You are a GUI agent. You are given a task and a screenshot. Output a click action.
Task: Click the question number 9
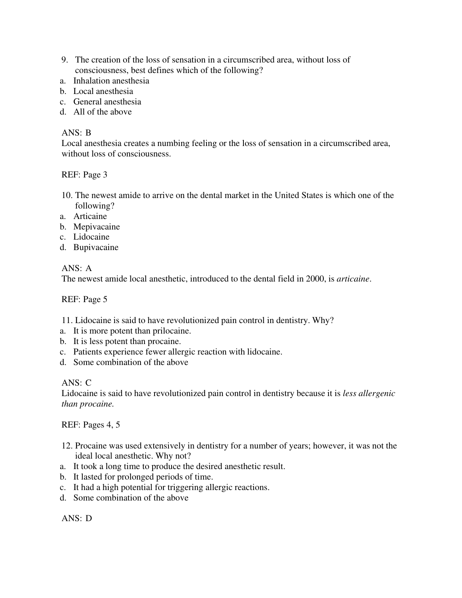(x=64, y=60)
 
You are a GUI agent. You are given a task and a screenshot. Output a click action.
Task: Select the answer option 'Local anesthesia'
(x=103, y=91)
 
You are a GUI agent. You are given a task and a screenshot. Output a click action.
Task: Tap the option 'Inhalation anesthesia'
(x=111, y=81)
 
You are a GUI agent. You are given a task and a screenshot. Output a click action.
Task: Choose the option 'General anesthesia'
(x=107, y=102)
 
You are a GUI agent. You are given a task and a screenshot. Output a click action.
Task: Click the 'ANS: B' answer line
(x=76, y=133)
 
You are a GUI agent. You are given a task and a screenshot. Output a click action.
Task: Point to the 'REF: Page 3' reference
(x=84, y=175)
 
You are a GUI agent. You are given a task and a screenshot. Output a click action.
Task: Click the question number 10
(x=67, y=195)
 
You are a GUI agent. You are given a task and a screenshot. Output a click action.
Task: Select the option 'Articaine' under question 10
(x=90, y=216)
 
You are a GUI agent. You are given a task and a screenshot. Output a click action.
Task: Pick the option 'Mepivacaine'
(x=97, y=227)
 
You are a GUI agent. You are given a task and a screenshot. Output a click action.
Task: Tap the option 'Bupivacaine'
(x=96, y=247)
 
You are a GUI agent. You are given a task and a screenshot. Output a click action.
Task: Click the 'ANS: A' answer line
(x=77, y=268)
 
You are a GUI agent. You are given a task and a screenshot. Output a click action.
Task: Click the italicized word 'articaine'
(x=353, y=279)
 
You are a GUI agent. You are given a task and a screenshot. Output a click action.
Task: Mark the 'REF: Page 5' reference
(x=84, y=299)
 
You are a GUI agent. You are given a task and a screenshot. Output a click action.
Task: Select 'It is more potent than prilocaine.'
(x=132, y=331)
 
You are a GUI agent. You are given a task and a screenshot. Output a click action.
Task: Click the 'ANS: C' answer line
(x=76, y=383)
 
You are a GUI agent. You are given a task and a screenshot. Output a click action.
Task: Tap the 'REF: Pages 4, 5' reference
(x=90, y=425)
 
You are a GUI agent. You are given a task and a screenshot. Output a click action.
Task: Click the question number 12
(x=67, y=446)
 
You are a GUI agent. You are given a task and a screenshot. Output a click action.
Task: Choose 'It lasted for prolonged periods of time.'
(x=143, y=477)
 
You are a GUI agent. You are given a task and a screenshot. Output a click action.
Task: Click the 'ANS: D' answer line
(x=77, y=518)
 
